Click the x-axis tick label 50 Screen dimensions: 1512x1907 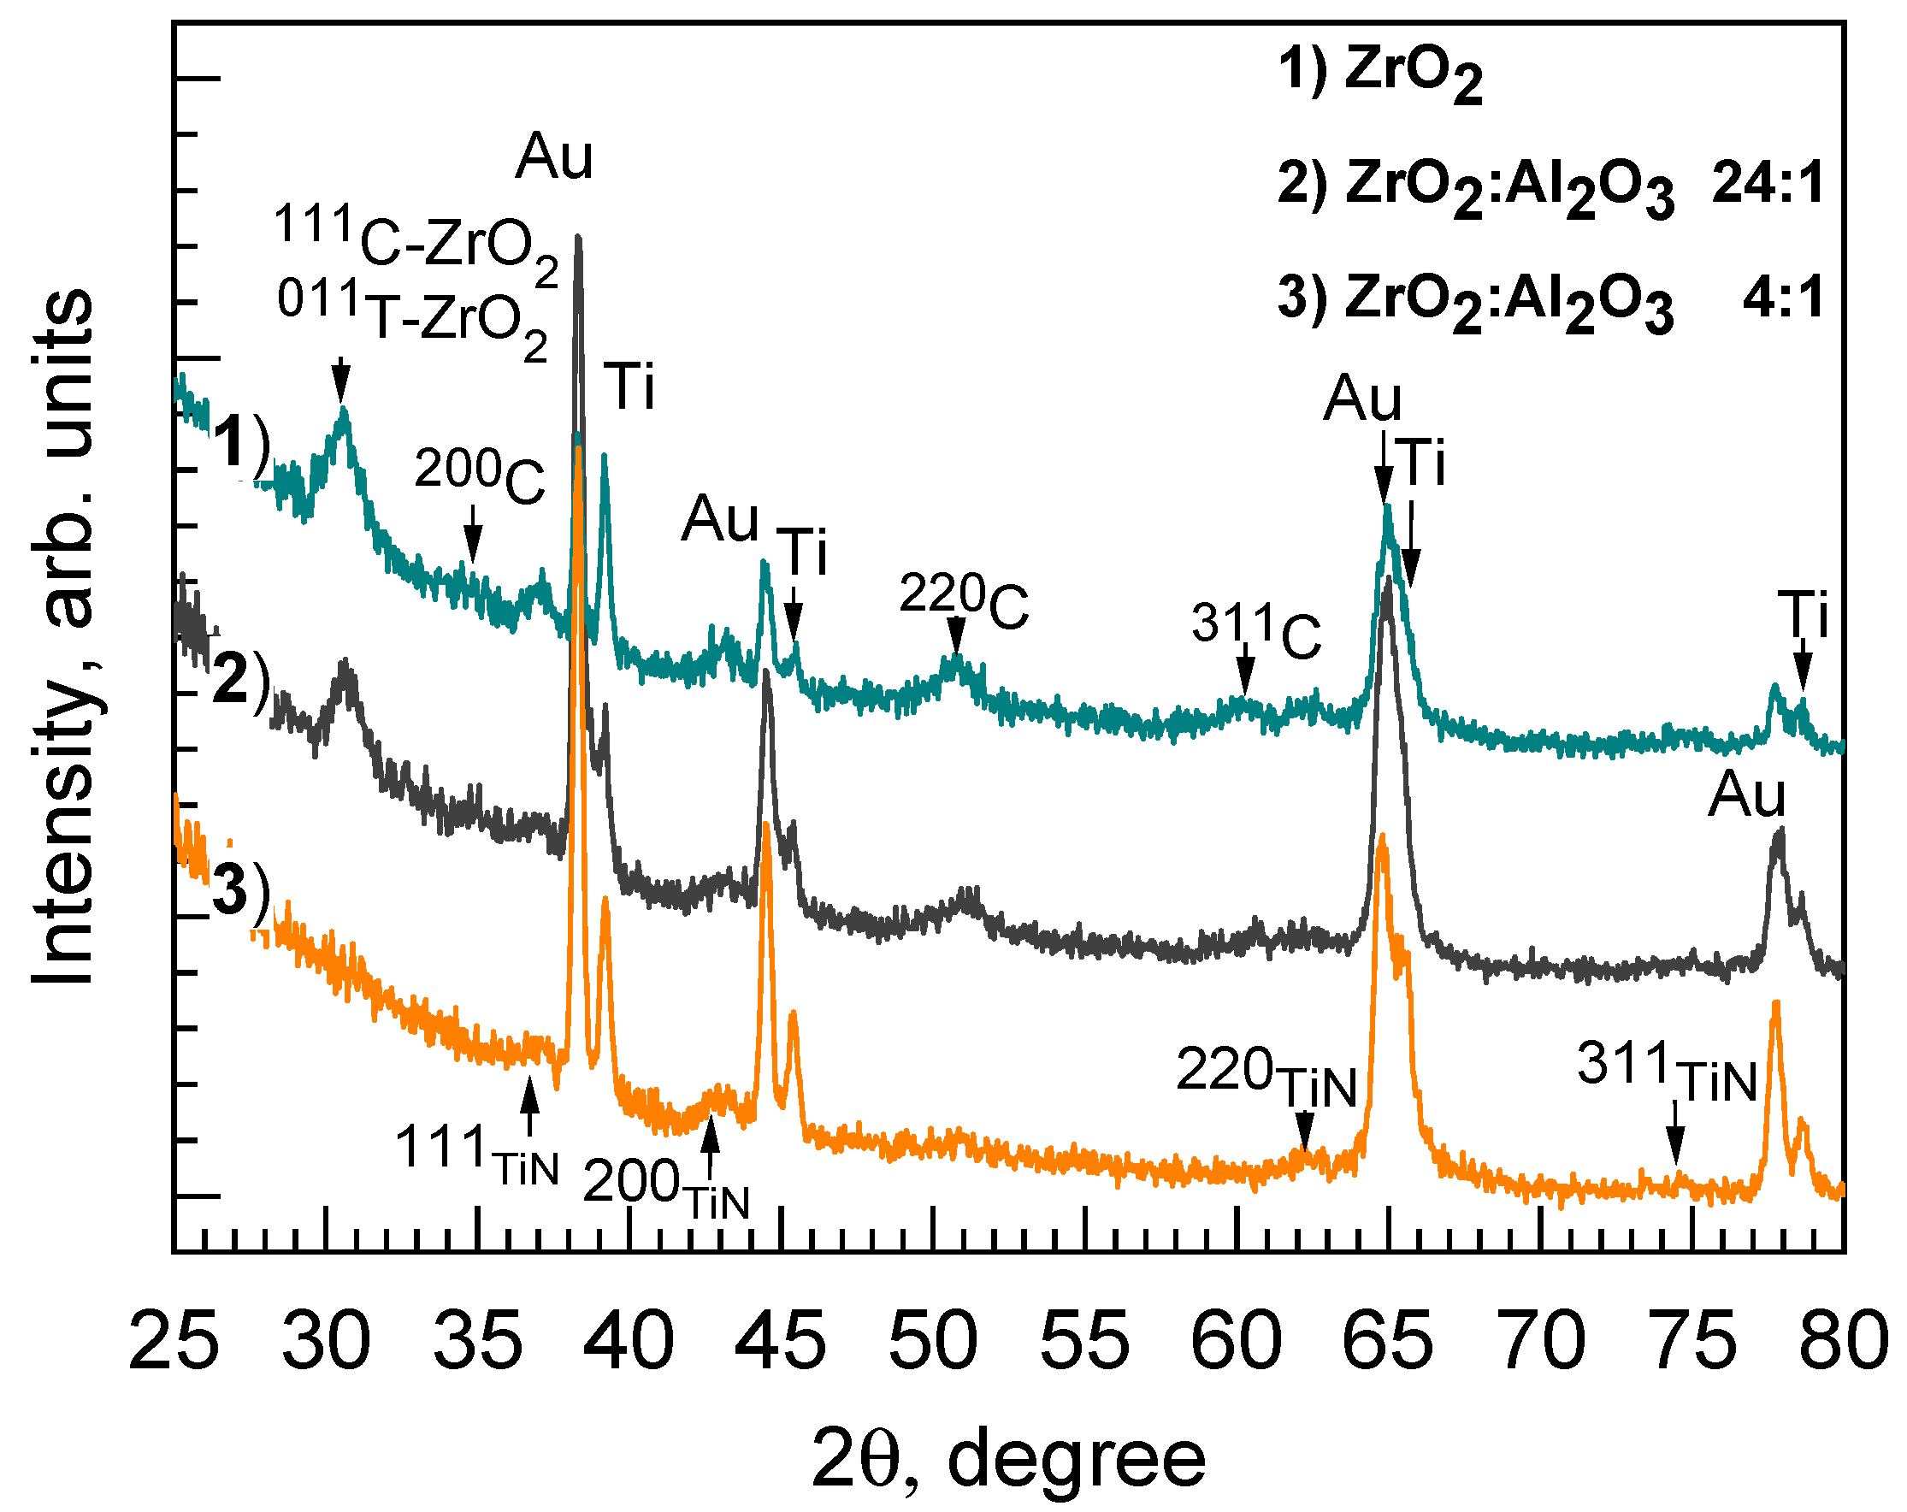(x=933, y=1341)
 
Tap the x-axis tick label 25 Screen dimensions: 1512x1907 (x=174, y=1341)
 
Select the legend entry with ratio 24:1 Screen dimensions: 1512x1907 (x=1550, y=188)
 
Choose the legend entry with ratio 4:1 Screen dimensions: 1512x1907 (x=1550, y=301)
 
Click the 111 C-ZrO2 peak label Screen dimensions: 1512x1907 (x=416, y=237)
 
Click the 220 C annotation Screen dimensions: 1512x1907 (x=963, y=599)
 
